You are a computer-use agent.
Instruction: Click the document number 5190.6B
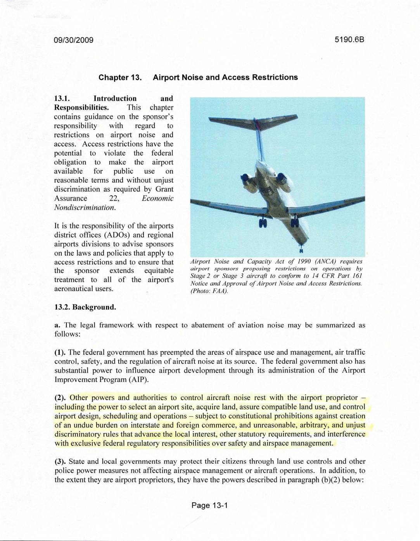pos(350,40)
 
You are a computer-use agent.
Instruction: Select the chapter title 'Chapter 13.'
pos(119,77)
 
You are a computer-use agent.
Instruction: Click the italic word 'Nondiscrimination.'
pos(85,208)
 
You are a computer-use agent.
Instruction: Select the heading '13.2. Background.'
pos(85,307)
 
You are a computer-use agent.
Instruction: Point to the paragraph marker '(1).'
pos(60,352)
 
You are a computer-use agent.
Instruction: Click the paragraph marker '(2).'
pos(60,398)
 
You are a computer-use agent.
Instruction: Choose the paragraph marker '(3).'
pos(60,461)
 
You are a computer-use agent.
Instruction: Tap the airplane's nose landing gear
pos(301,248)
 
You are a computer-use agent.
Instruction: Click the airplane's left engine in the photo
pos(247,180)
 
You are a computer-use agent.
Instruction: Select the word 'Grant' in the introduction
pos(164,189)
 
